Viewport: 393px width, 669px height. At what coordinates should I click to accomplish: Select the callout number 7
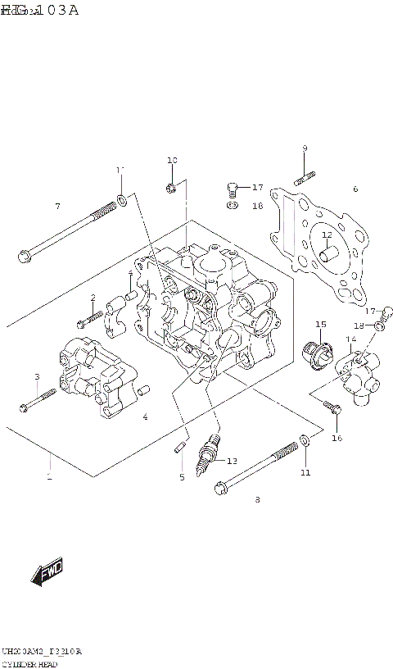pyautogui.click(x=57, y=206)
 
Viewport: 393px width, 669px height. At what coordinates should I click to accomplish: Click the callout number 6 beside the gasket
pyautogui.click(x=355, y=189)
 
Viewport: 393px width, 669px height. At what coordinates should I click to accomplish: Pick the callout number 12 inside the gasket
pyautogui.click(x=326, y=235)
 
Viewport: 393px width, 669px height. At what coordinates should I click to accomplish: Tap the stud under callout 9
pyautogui.click(x=304, y=175)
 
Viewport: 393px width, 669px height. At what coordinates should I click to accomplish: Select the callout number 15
pyautogui.click(x=321, y=324)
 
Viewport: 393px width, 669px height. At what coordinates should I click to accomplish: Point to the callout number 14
pyautogui.click(x=350, y=339)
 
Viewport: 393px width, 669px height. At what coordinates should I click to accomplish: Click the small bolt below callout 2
pyautogui.click(x=89, y=316)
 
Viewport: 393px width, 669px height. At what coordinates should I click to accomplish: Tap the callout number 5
pyautogui.click(x=182, y=477)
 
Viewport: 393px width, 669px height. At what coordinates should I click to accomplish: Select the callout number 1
pyautogui.click(x=48, y=477)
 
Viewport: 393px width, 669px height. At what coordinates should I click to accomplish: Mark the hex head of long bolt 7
pyautogui.click(x=24, y=257)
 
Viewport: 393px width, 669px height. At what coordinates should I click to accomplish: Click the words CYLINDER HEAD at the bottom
pyautogui.click(x=29, y=662)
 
